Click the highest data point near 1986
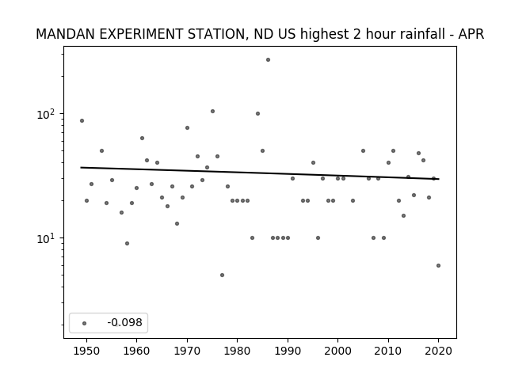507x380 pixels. tap(268, 60)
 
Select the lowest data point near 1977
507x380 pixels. tap(222, 275)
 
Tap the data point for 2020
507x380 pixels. tap(438, 266)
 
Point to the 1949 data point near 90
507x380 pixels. tap(82, 121)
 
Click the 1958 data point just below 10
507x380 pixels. tap(127, 243)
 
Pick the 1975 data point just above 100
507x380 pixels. tap(212, 111)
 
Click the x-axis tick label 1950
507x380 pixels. tap(86, 351)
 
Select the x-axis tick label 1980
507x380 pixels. tap(237, 351)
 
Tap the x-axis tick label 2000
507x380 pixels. tap(337, 351)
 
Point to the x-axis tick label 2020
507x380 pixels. tap(438, 351)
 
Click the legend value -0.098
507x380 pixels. tap(124, 322)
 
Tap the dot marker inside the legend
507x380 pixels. tap(85, 323)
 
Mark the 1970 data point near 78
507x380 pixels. tap(187, 128)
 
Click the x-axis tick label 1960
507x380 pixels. tap(136, 351)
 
